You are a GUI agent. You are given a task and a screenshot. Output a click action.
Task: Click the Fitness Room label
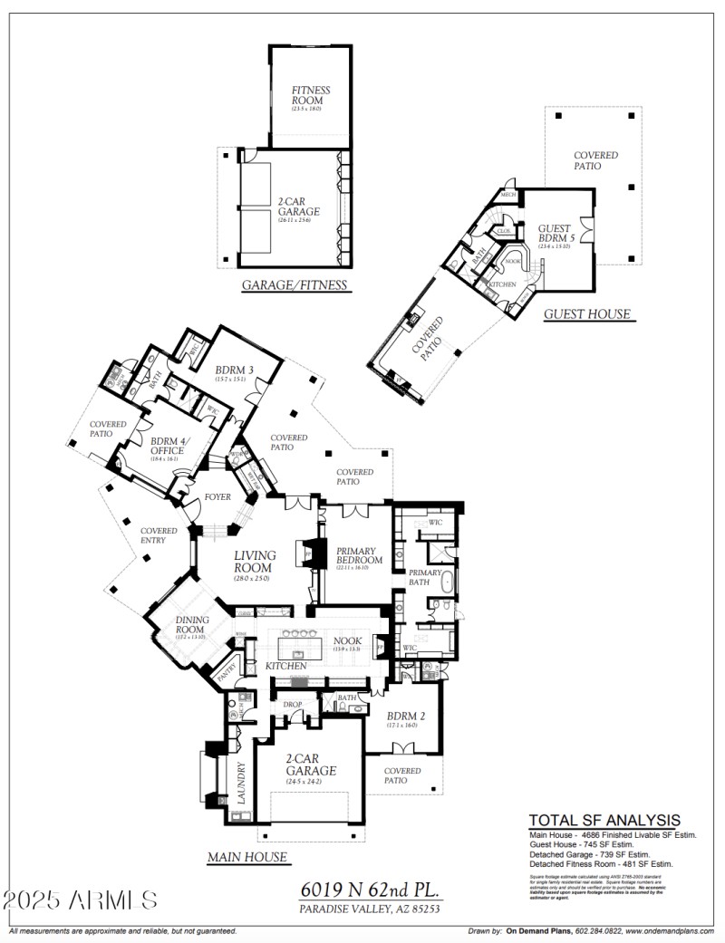click(311, 96)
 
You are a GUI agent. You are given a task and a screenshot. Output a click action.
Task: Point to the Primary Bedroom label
click(360, 555)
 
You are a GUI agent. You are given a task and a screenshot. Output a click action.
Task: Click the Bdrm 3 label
click(235, 370)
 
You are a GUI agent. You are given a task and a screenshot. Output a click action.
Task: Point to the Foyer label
click(217, 497)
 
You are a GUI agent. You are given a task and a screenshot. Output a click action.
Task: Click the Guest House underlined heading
click(586, 314)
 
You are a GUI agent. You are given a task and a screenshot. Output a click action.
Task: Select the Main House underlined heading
click(246, 857)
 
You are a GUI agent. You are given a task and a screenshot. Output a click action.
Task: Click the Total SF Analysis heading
click(604, 820)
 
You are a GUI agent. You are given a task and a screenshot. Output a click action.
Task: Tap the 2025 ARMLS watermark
click(80, 900)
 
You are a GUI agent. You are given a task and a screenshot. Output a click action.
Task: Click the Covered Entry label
click(159, 536)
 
